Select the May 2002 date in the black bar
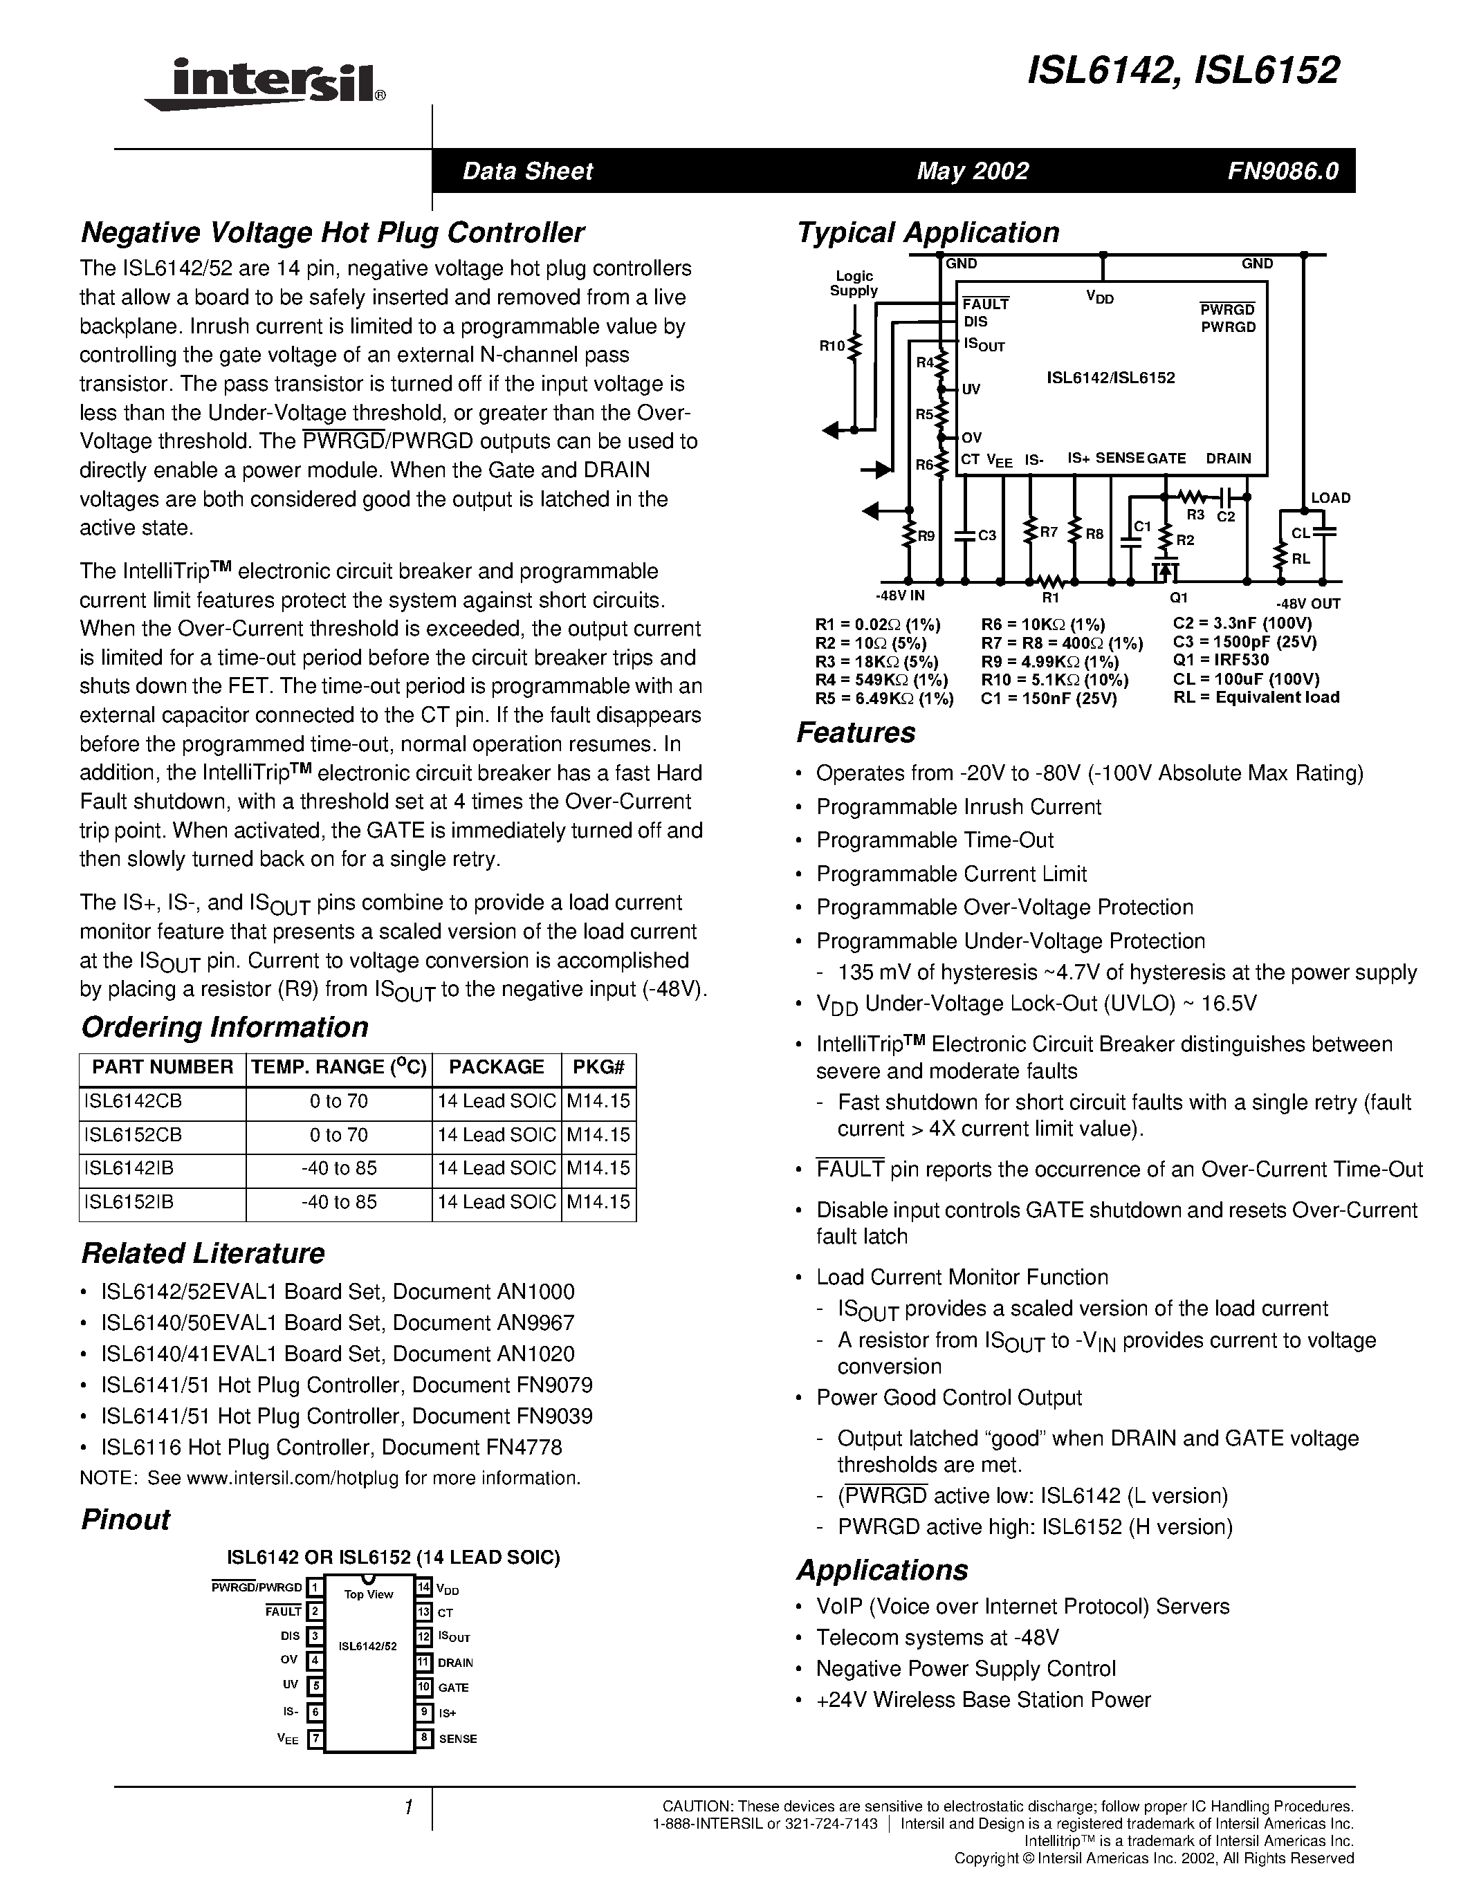click(972, 171)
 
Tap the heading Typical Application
click(928, 232)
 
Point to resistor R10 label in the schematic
click(831, 346)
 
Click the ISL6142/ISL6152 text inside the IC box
click(1110, 378)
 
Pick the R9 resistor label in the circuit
click(925, 535)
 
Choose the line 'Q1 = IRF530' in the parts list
click(1220, 660)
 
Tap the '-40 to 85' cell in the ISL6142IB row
click(339, 1168)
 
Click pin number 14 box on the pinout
click(423, 1587)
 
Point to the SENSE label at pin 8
click(457, 1738)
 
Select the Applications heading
click(881, 1570)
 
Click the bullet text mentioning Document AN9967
click(337, 1323)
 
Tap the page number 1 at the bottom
click(407, 1807)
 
